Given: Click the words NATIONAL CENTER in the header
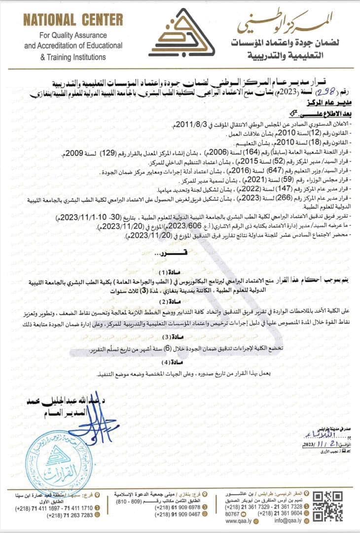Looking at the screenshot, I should pyautogui.click(x=73, y=20).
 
